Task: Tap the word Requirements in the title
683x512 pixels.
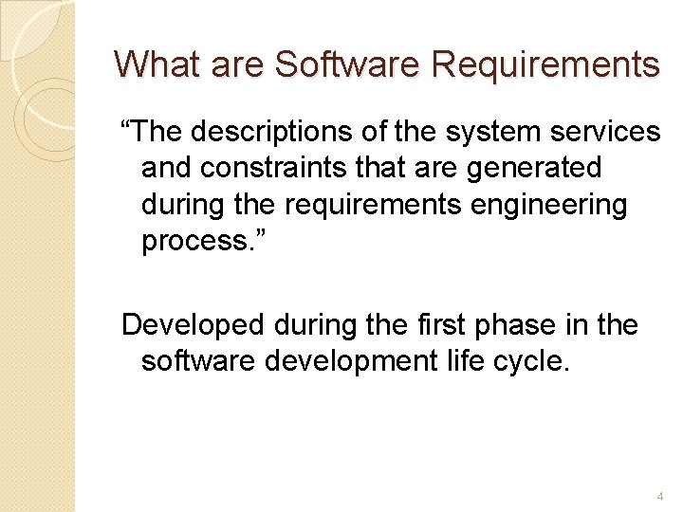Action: [x=545, y=65]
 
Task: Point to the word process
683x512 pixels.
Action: [x=194, y=241]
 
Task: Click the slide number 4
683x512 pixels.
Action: [x=659, y=496]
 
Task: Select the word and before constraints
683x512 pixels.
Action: [x=166, y=168]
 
